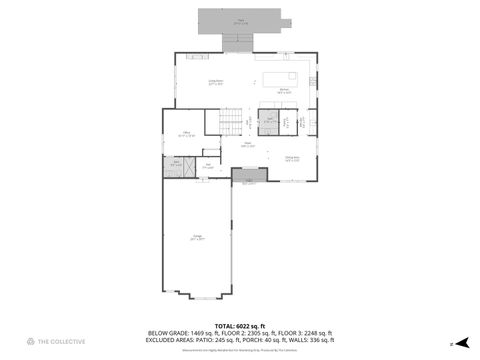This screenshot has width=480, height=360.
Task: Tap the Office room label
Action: click(x=187, y=133)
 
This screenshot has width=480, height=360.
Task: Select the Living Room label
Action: click(x=215, y=82)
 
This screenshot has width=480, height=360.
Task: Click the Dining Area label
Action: click(x=292, y=158)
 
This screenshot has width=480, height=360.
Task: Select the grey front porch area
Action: click(x=249, y=176)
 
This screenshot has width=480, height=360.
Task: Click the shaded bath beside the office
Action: click(x=177, y=164)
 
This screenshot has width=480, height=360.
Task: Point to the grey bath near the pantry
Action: click(x=269, y=123)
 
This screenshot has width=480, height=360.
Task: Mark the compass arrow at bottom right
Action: click(x=451, y=343)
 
